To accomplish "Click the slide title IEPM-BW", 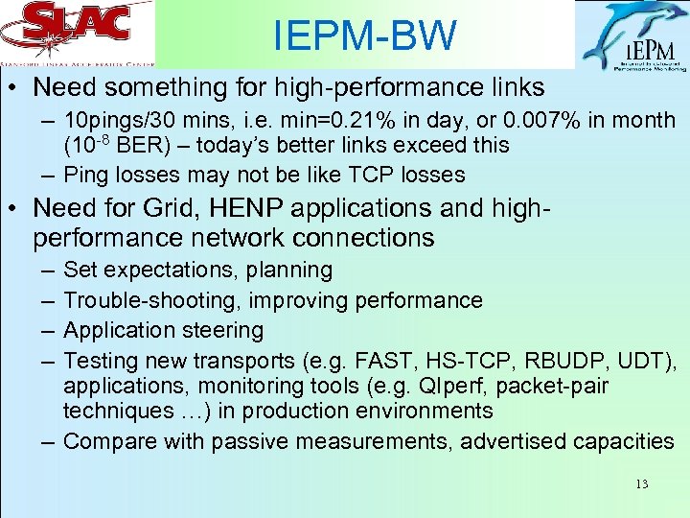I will pos(364,36).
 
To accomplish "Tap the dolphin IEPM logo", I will pos(632,36).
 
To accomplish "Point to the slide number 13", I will pos(641,484).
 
